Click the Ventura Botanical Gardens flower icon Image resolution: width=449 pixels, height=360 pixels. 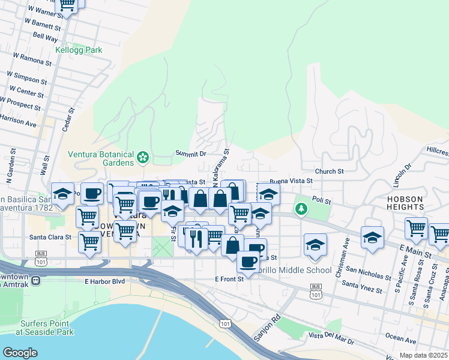tap(143, 157)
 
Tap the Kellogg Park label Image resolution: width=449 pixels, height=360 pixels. tap(79, 50)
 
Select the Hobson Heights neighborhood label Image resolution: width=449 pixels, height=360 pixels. tap(414, 203)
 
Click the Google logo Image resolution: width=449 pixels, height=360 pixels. tap(20, 352)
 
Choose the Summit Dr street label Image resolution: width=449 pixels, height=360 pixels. tap(191, 154)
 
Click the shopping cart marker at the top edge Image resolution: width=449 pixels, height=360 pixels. tap(68, 5)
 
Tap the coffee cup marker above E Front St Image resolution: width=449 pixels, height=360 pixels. tap(248, 261)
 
